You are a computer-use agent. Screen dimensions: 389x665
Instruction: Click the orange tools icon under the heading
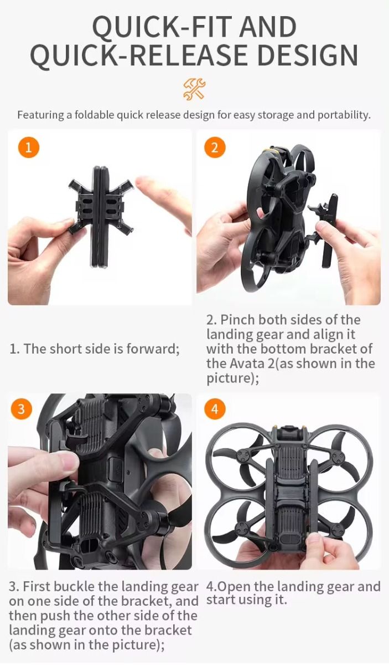click(194, 89)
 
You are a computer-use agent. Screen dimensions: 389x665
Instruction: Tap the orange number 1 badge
click(28, 147)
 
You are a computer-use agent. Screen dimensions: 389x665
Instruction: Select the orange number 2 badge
click(215, 147)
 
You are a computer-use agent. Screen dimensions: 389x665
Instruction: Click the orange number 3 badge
click(22, 409)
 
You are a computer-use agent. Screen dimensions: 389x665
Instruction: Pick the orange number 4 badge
click(215, 409)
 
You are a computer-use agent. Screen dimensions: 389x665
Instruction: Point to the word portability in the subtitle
click(344, 115)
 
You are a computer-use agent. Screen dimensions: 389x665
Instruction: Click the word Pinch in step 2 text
click(237, 320)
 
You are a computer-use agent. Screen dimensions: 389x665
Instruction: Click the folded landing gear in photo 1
click(101, 217)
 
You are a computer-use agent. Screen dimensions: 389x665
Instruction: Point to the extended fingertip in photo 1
click(142, 182)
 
